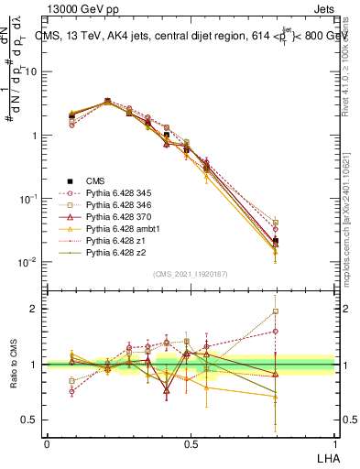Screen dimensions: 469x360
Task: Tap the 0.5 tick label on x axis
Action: (x=191, y=442)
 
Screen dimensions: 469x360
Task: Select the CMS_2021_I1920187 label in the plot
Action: (x=191, y=273)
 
